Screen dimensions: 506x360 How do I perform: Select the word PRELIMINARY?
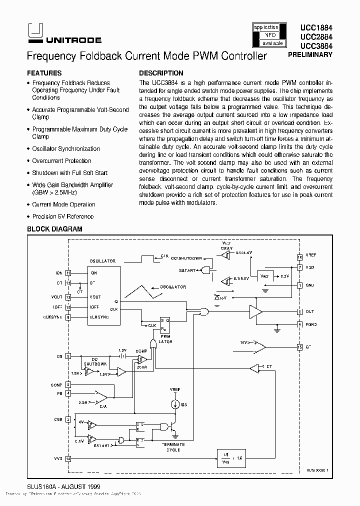pyautogui.click(x=310, y=54)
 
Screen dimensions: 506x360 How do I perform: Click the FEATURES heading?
pyautogui.click(x=44, y=73)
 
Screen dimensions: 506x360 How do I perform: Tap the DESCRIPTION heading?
pyautogui.click(x=161, y=73)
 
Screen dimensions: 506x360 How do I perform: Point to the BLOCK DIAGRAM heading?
pyautogui.click(x=54, y=229)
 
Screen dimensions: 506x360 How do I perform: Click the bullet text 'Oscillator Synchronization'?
pyautogui.click(x=65, y=149)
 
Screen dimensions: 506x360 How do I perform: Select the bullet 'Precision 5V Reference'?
pyautogui.click(x=62, y=216)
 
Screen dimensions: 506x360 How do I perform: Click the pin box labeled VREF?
pyautogui.click(x=299, y=257)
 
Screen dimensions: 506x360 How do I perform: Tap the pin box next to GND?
pyautogui.click(x=299, y=285)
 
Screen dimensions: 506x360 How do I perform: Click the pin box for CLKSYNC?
pyautogui.click(x=68, y=317)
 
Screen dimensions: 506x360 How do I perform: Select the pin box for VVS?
pyautogui.click(x=68, y=458)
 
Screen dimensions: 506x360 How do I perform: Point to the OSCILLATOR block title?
pyautogui.click(x=102, y=261)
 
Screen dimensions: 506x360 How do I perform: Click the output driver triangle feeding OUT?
pyautogui.click(x=256, y=312)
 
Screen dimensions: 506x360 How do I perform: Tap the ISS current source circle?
pyautogui.click(x=176, y=404)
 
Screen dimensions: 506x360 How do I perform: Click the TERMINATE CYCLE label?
pyautogui.click(x=173, y=447)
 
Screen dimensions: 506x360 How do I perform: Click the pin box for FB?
pyautogui.click(x=68, y=392)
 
